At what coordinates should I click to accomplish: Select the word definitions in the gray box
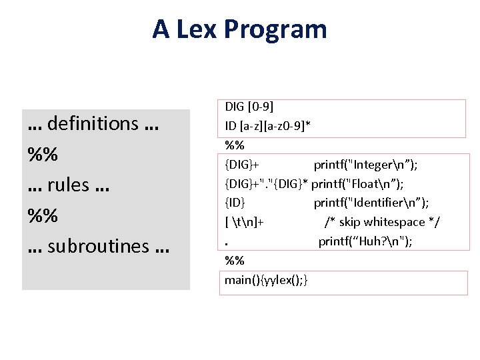click(x=93, y=123)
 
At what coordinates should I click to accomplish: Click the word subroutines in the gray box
click(x=98, y=246)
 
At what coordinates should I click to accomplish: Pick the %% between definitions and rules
click(x=43, y=154)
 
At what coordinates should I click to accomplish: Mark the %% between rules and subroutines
click(x=43, y=215)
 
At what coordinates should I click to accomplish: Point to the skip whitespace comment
click(x=382, y=222)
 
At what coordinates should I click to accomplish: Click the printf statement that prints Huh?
click(x=365, y=241)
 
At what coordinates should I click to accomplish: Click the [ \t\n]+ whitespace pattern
click(x=245, y=222)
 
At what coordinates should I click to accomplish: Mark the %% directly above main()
click(x=234, y=261)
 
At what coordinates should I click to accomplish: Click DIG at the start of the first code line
click(x=234, y=107)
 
